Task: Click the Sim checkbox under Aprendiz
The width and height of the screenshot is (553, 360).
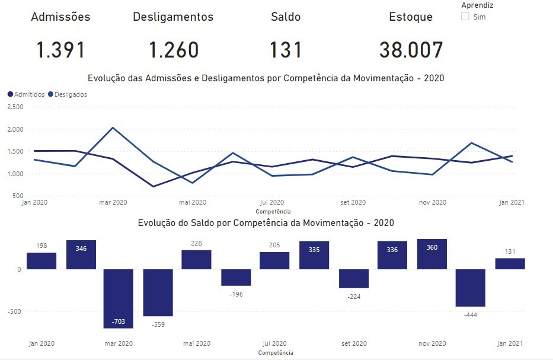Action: point(465,17)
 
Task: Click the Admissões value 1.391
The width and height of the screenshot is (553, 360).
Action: point(60,50)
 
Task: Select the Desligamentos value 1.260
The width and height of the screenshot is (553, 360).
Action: point(174,50)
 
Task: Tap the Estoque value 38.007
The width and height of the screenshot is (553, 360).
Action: point(411,50)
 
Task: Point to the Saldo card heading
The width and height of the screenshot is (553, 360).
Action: point(286,17)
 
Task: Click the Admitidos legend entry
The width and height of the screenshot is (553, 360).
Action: point(27,94)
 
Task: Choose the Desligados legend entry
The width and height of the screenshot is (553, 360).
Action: point(68,94)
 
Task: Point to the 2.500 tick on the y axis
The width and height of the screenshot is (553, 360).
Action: point(15,107)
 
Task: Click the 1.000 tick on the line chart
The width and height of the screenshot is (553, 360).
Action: point(15,174)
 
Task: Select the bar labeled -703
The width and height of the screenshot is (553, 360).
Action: point(118,298)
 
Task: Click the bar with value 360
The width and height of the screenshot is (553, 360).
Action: point(432,254)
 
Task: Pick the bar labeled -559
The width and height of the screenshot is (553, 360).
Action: point(158,292)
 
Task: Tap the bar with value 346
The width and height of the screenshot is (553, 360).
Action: point(81,254)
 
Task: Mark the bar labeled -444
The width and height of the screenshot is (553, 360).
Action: point(471,288)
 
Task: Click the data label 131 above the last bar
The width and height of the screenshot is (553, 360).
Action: point(510,251)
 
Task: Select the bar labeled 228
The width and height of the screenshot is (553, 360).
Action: point(196,260)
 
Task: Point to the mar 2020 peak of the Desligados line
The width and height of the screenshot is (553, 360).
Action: point(113,128)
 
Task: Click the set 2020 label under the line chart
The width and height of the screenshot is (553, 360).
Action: point(353,202)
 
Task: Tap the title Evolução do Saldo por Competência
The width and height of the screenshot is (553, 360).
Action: point(266,223)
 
